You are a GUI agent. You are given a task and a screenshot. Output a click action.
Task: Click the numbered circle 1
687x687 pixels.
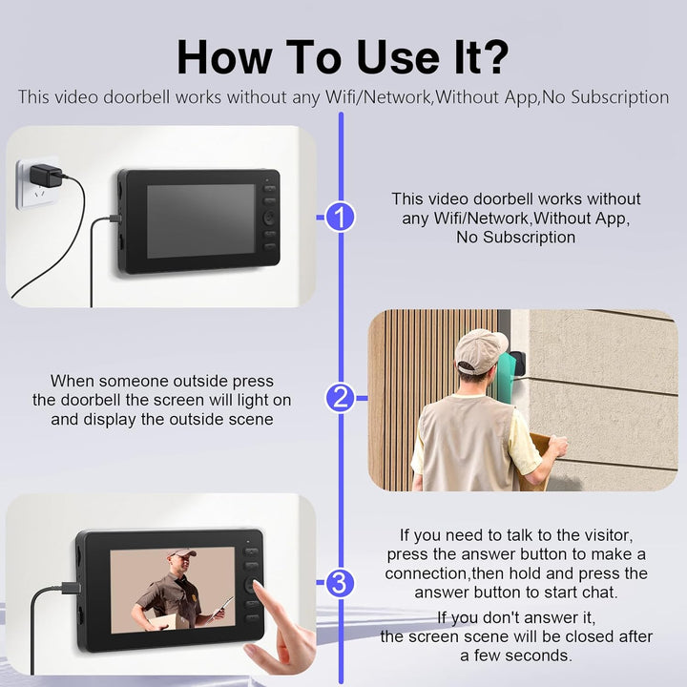(x=340, y=217)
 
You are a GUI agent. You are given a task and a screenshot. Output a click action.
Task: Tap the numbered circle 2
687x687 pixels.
(x=340, y=398)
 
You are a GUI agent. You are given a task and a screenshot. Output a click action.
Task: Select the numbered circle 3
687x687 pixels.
(x=340, y=582)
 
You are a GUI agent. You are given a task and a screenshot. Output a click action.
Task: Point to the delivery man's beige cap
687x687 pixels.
(x=481, y=351)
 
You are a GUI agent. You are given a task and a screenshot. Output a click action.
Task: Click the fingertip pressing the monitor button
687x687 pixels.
(x=259, y=587)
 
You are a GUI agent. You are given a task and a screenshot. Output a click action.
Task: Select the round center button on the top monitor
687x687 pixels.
(x=269, y=218)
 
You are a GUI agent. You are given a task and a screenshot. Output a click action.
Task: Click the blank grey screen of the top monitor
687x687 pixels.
(x=200, y=220)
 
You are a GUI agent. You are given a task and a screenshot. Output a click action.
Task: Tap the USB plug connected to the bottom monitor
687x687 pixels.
(x=71, y=588)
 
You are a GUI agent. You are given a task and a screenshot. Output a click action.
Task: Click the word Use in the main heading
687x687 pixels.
(x=398, y=57)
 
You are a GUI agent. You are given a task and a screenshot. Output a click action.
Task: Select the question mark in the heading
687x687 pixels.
(x=493, y=57)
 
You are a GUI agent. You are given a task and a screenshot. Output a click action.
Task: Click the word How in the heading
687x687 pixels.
(x=224, y=57)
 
